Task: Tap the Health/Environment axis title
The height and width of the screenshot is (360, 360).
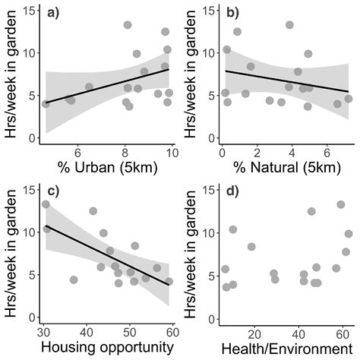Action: pyautogui.click(x=285, y=348)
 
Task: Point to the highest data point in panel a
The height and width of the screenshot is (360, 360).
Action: pyautogui.click(x=128, y=25)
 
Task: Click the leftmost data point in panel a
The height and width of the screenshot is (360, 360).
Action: pyautogui.click(x=46, y=103)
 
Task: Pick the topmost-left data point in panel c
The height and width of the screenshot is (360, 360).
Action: pyautogui.click(x=46, y=204)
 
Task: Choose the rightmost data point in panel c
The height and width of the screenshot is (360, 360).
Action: pyautogui.click(x=169, y=281)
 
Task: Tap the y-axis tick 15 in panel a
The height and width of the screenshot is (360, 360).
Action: pyautogui.click(x=31, y=11)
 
